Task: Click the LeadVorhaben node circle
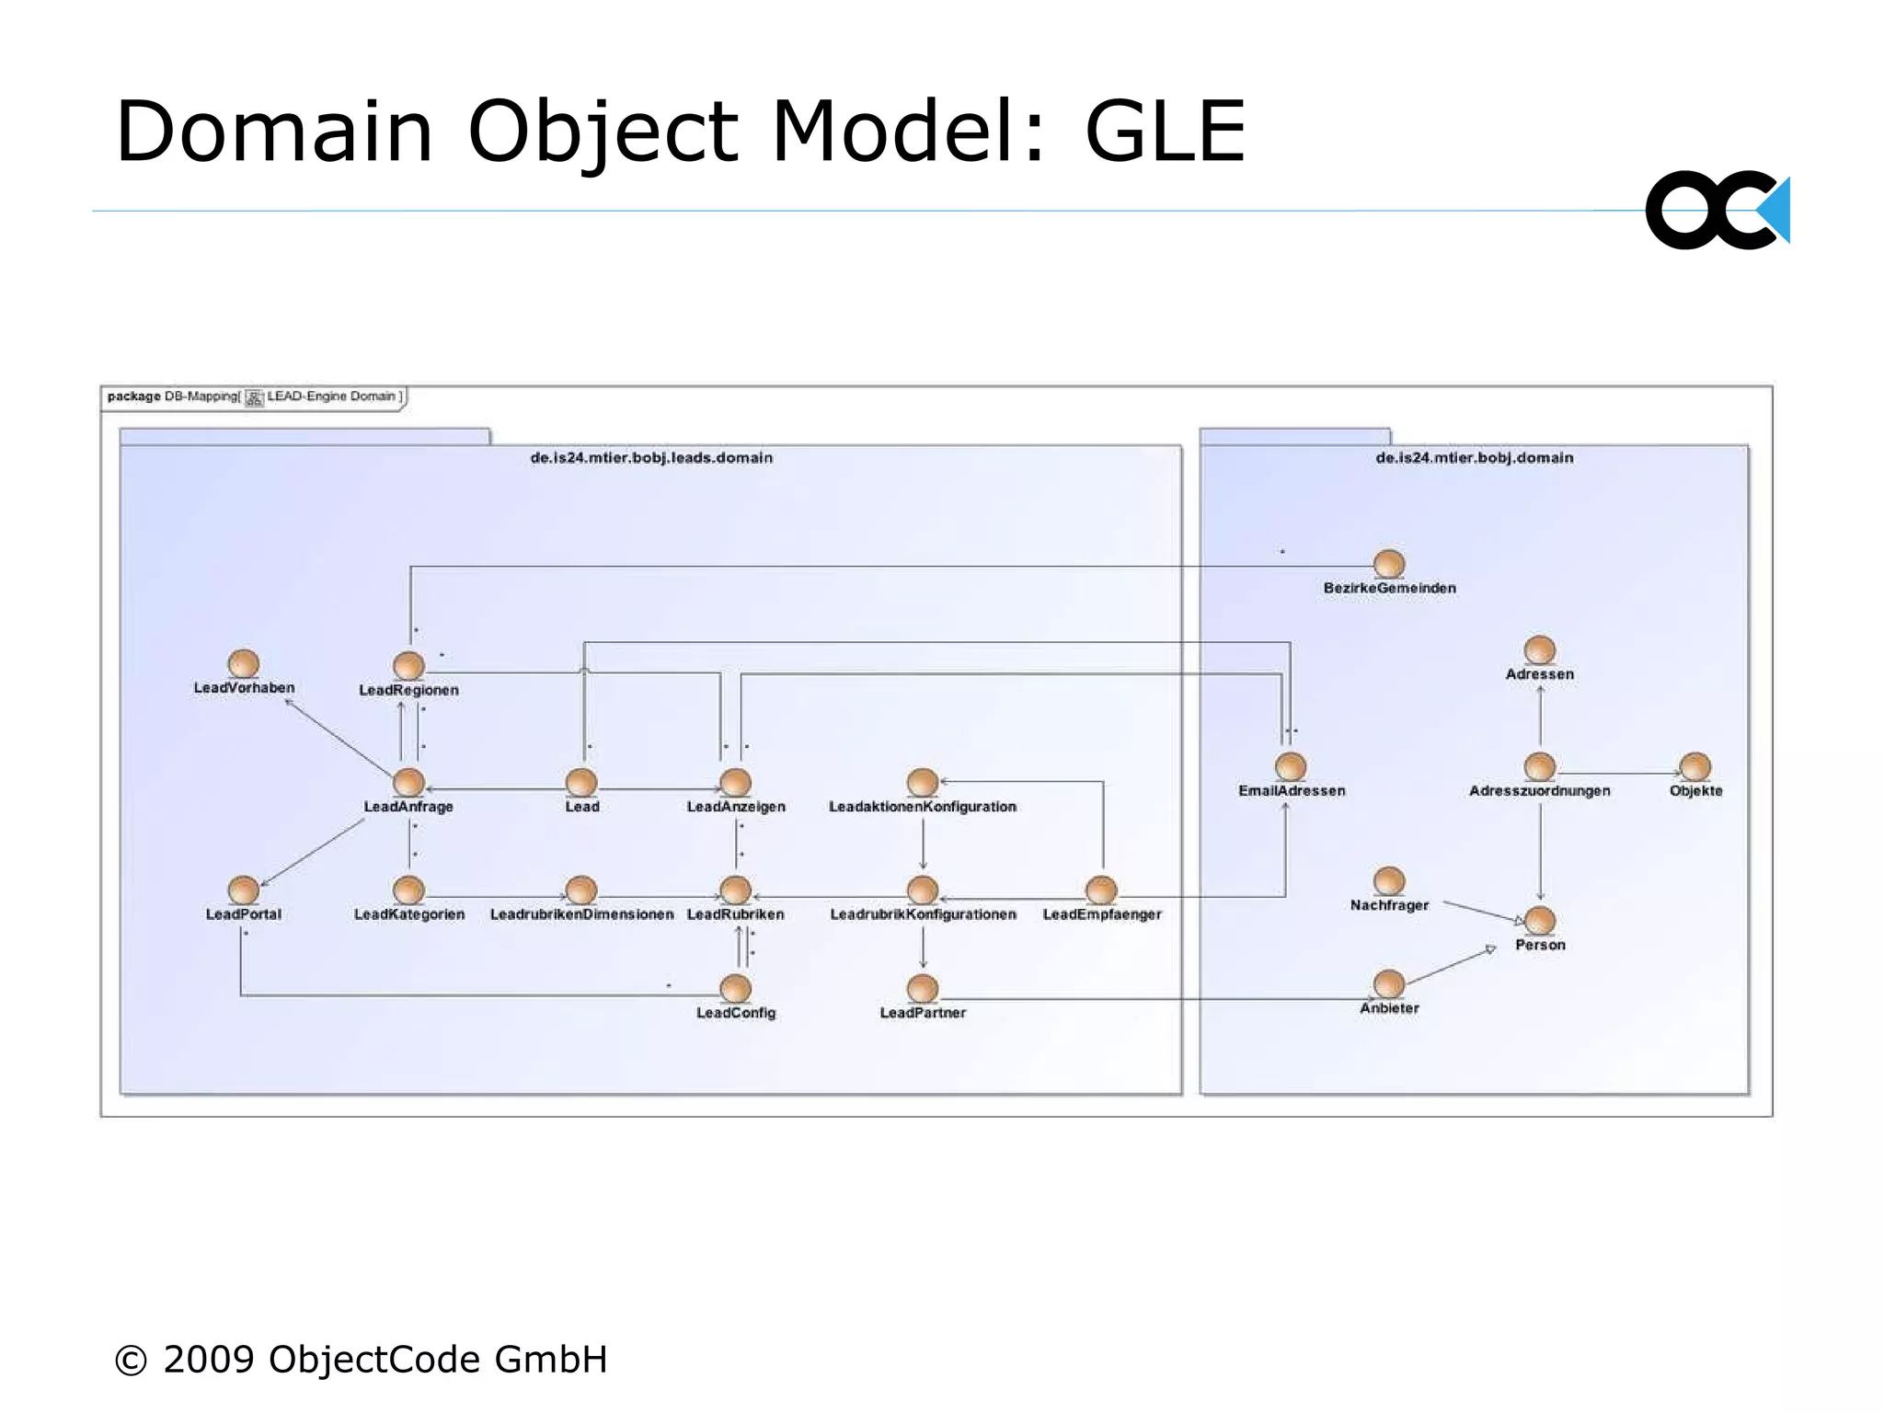pyautogui.click(x=243, y=663)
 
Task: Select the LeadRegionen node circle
pyautogui.click(x=408, y=665)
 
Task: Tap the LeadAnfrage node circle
pyautogui.click(x=408, y=782)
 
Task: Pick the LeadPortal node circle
pyautogui.click(x=243, y=890)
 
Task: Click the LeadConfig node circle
pyautogui.click(x=735, y=988)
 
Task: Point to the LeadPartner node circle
pyautogui.click(x=922, y=988)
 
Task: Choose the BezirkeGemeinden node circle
pyautogui.click(x=1389, y=563)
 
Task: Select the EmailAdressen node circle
pyautogui.click(x=1291, y=766)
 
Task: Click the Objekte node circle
pyautogui.click(x=1694, y=766)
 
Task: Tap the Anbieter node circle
pyautogui.click(x=1389, y=983)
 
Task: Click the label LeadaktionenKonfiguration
pyautogui.click(x=922, y=807)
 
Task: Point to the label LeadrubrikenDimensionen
pyautogui.click(x=581, y=914)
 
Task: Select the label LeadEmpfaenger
pyautogui.click(x=1101, y=914)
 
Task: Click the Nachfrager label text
pyautogui.click(x=1389, y=905)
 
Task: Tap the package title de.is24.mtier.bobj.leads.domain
pyautogui.click(x=651, y=458)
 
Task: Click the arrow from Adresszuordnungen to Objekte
pyautogui.click(x=1619, y=774)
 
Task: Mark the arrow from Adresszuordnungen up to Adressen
pyautogui.click(x=1540, y=718)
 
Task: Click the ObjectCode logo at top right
pyautogui.click(x=1717, y=211)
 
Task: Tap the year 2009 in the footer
pyautogui.click(x=209, y=1360)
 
